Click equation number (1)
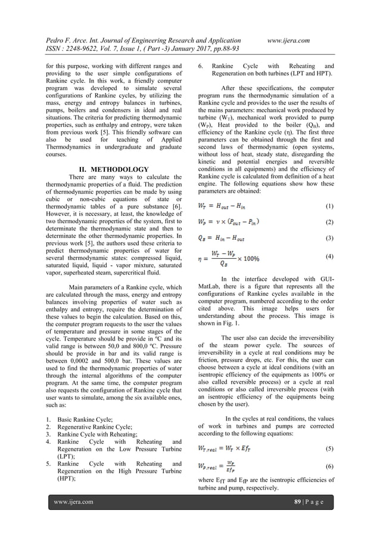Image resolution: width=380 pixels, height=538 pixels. pos(330,206)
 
